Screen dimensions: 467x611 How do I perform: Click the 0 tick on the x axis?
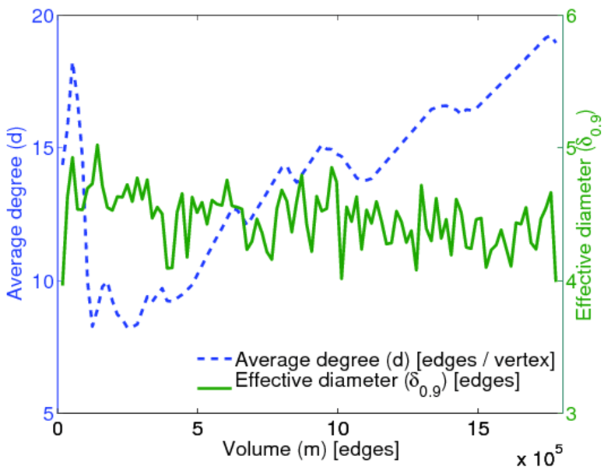58,429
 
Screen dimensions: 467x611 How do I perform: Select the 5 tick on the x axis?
198,429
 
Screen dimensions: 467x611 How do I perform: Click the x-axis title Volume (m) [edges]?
311,449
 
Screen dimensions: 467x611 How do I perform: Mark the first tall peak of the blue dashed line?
72,65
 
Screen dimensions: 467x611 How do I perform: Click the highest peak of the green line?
97,145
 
